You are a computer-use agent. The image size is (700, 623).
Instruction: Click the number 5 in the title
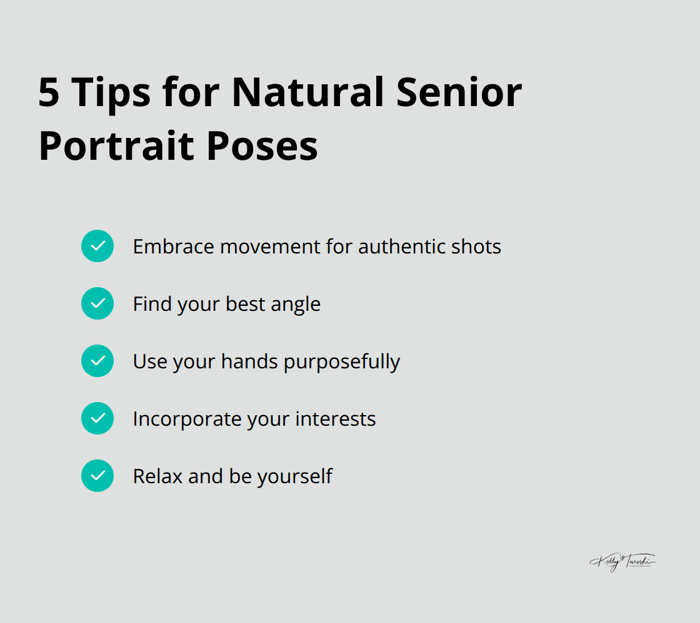point(49,92)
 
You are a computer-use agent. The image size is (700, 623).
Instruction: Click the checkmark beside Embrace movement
point(97,246)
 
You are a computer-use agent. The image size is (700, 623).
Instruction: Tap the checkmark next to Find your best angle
point(97,303)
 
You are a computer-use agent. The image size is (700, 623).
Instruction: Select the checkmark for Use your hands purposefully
point(97,361)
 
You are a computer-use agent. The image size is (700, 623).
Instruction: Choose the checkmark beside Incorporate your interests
point(97,418)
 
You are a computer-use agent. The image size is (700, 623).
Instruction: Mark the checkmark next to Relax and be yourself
point(97,476)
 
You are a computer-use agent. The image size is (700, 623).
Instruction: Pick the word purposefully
point(342,362)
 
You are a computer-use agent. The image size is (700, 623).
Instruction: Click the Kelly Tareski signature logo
point(622,562)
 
